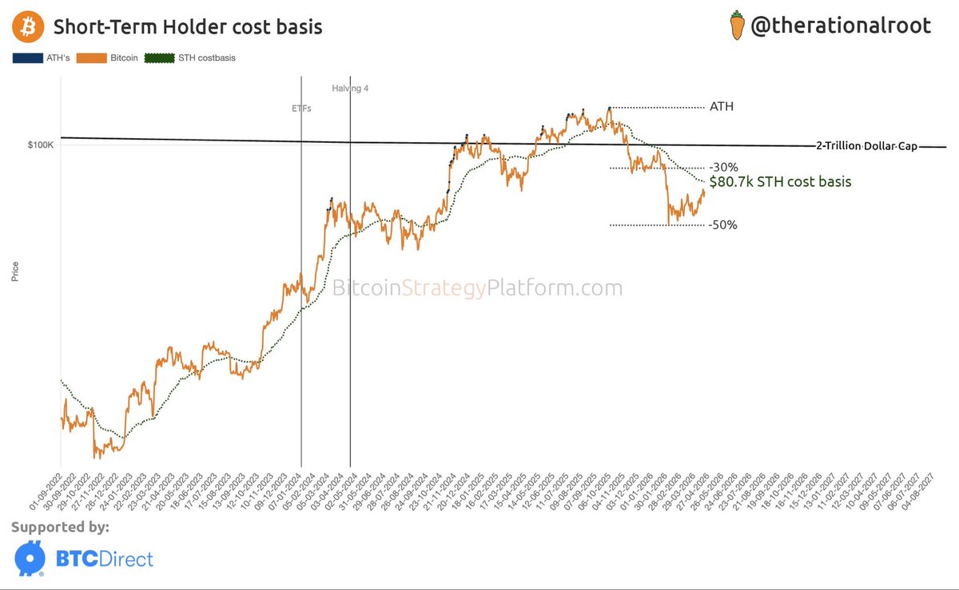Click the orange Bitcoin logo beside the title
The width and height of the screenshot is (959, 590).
click(x=29, y=27)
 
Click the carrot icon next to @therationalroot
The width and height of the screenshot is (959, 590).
click(x=737, y=26)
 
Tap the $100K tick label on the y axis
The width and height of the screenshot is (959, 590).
click(x=40, y=145)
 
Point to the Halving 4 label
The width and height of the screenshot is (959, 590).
click(x=350, y=89)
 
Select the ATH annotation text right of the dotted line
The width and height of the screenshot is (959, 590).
click(x=721, y=107)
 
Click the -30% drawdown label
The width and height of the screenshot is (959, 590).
click(x=722, y=168)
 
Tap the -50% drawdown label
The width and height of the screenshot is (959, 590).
click(x=722, y=225)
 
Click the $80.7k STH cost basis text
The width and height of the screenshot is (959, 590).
click(x=780, y=182)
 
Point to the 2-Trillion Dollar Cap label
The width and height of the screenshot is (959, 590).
click(x=866, y=146)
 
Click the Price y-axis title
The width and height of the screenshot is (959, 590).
click(x=15, y=272)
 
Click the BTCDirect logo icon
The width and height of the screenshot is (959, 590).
click(x=30, y=559)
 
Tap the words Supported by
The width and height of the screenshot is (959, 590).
click(x=61, y=527)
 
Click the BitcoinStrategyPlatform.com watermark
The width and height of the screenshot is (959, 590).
click(x=477, y=288)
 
